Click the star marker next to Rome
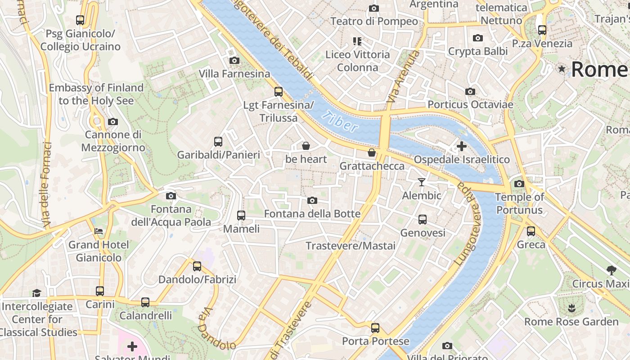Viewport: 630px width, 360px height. tap(562, 69)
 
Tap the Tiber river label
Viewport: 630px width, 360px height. tap(341, 121)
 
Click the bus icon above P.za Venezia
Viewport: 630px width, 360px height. tap(542, 30)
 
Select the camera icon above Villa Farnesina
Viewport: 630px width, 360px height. tap(234, 60)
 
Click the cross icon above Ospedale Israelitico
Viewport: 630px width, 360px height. tap(461, 146)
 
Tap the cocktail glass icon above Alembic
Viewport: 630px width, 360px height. tap(421, 182)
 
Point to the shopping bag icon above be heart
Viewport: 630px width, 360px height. tap(306, 146)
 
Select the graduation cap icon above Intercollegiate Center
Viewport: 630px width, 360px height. tap(36, 293)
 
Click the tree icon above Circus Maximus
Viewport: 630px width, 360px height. tap(611, 270)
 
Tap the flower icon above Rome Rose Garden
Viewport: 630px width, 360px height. tap(571, 308)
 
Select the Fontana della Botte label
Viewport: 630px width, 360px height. tap(312, 214)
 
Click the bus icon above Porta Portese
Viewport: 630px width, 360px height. tap(375, 328)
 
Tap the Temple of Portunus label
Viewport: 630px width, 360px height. tap(519, 203)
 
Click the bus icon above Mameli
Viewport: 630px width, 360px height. tap(241, 216)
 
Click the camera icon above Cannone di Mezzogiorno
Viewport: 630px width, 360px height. tap(113, 121)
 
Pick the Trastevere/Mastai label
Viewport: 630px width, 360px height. tap(351, 246)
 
